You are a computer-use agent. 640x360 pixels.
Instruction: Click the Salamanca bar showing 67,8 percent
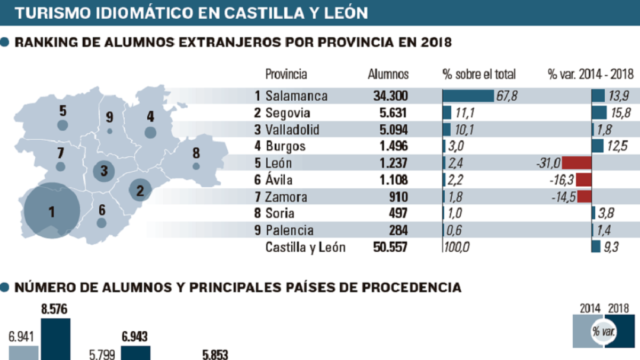[x=468, y=95]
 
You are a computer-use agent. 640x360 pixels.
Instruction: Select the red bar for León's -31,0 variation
[x=577, y=163]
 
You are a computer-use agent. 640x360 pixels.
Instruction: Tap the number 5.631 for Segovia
[x=393, y=113]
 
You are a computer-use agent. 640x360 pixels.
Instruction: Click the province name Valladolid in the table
[x=292, y=130]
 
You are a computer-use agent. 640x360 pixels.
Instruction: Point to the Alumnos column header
[x=388, y=74]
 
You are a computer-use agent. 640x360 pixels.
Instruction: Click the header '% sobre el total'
[x=479, y=74]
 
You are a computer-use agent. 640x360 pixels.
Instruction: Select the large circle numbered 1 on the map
[x=52, y=211]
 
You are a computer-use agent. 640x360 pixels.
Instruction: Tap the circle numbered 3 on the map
[x=104, y=171]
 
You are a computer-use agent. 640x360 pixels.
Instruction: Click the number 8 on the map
[x=196, y=153]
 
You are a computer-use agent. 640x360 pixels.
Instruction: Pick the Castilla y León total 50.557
[x=390, y=247]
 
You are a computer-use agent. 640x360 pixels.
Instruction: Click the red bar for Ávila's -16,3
[x=583, y=180]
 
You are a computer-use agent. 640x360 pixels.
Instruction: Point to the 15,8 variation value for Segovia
[x=621, y=113]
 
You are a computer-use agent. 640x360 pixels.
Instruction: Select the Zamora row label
[x=286, y=197]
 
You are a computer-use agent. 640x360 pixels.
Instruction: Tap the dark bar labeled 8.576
[x=55, y=339]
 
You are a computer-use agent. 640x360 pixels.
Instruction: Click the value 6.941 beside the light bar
[x=21, y=337]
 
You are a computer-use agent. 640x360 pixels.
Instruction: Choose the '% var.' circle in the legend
[x=604, y=332]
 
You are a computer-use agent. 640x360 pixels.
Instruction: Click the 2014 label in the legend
[x=590, y=309]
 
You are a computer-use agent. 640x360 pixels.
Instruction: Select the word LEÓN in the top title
[x=346, y=13]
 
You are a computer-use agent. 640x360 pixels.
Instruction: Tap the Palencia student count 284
[x=398, y=230]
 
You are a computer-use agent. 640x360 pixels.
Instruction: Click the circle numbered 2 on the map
[x=140, y=190]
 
